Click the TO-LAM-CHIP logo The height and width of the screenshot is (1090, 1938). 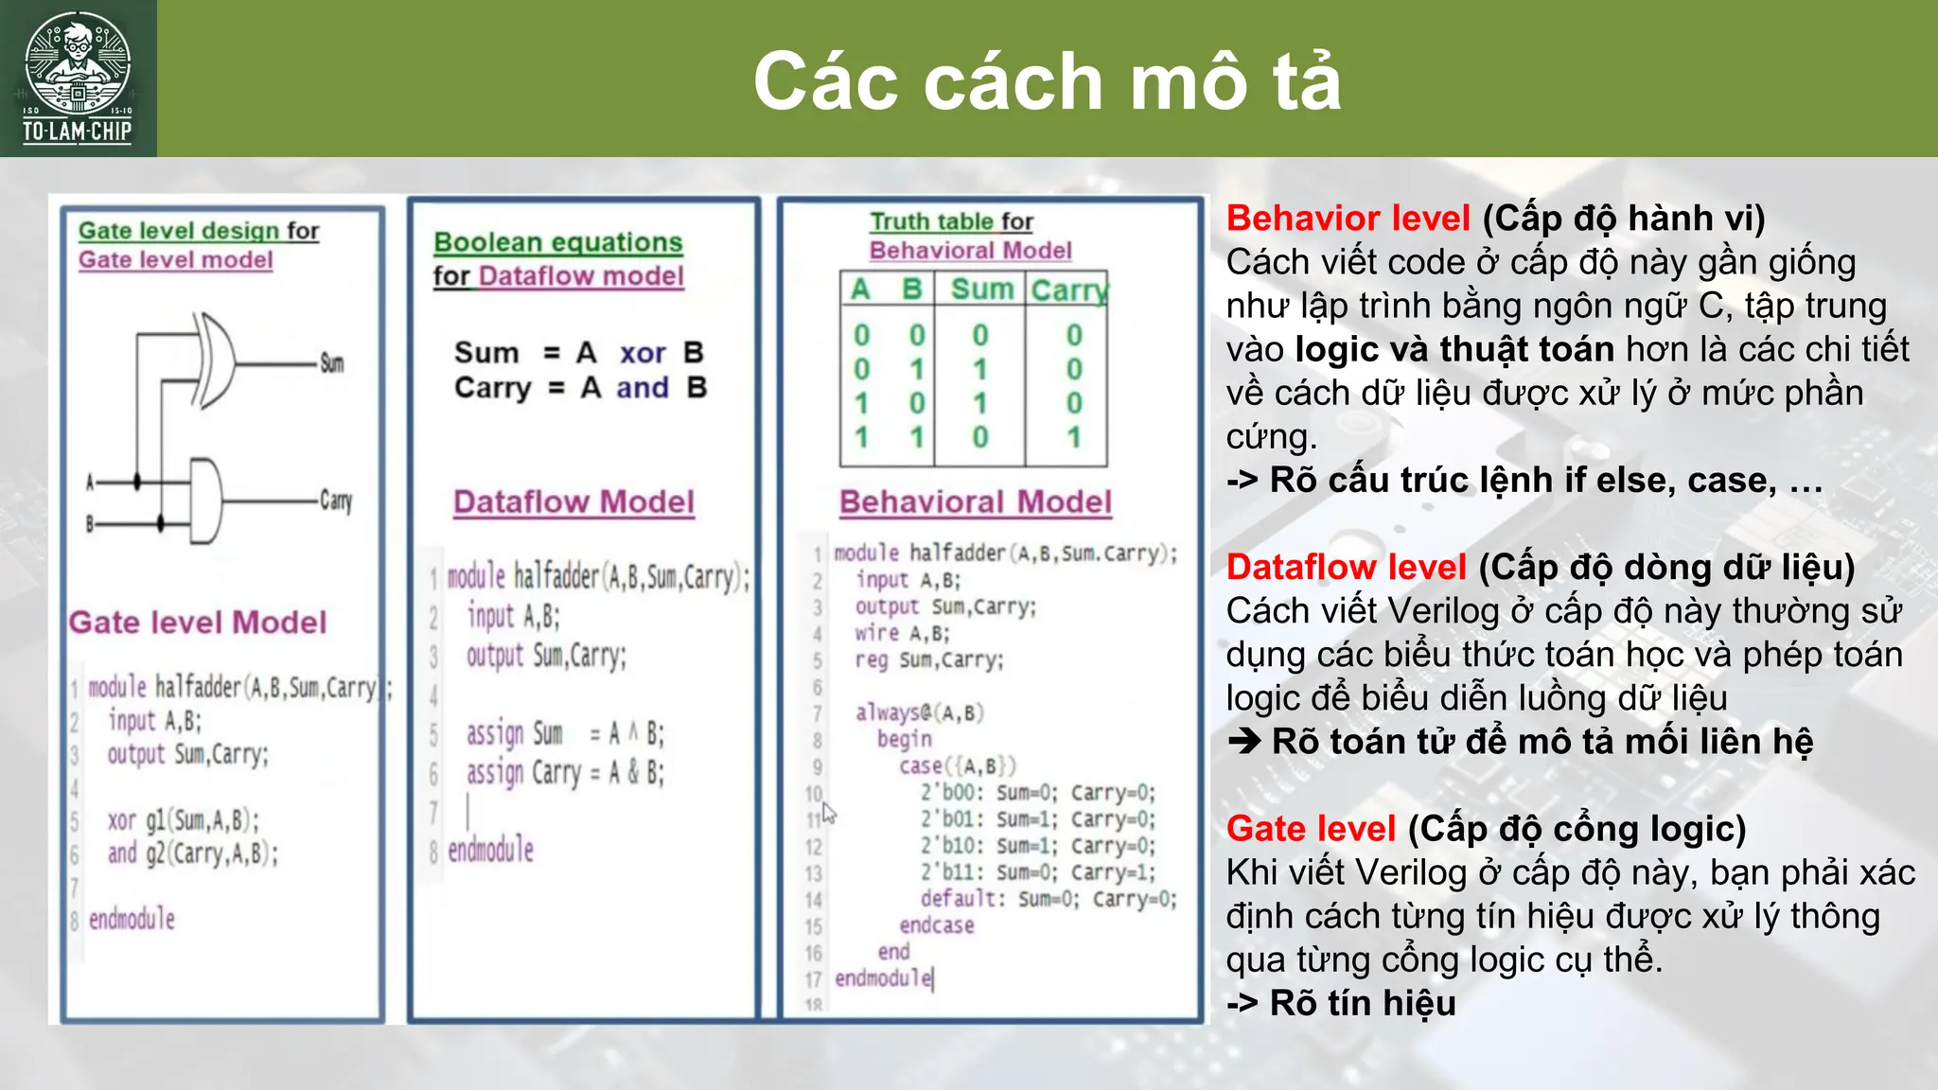(78, 78)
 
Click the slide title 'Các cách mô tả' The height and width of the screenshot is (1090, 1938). (1047, 81)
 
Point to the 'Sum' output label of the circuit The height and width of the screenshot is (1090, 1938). (331, 363)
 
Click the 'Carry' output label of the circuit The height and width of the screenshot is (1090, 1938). (336, 501)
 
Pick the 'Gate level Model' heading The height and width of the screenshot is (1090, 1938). (198, 623)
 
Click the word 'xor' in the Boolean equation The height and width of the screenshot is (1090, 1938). (643, 353)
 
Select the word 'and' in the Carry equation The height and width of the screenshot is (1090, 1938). (642, 388)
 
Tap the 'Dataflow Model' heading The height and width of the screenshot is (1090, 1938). (573, 501)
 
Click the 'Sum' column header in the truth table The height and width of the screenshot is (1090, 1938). (982, 289)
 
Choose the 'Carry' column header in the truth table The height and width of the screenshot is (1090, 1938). (1068, 290)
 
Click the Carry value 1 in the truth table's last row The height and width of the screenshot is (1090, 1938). (1074, 437)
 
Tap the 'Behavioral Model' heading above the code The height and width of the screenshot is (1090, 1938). (976, 501)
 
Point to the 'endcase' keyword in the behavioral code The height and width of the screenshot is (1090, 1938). (937, 925)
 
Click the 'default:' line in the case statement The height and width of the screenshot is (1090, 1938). (959, 898)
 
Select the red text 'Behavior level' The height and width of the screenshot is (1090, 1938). (1348, 219)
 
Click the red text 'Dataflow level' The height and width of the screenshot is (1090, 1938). (1346, 568)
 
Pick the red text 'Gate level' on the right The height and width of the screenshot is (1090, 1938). (1311, 829)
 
